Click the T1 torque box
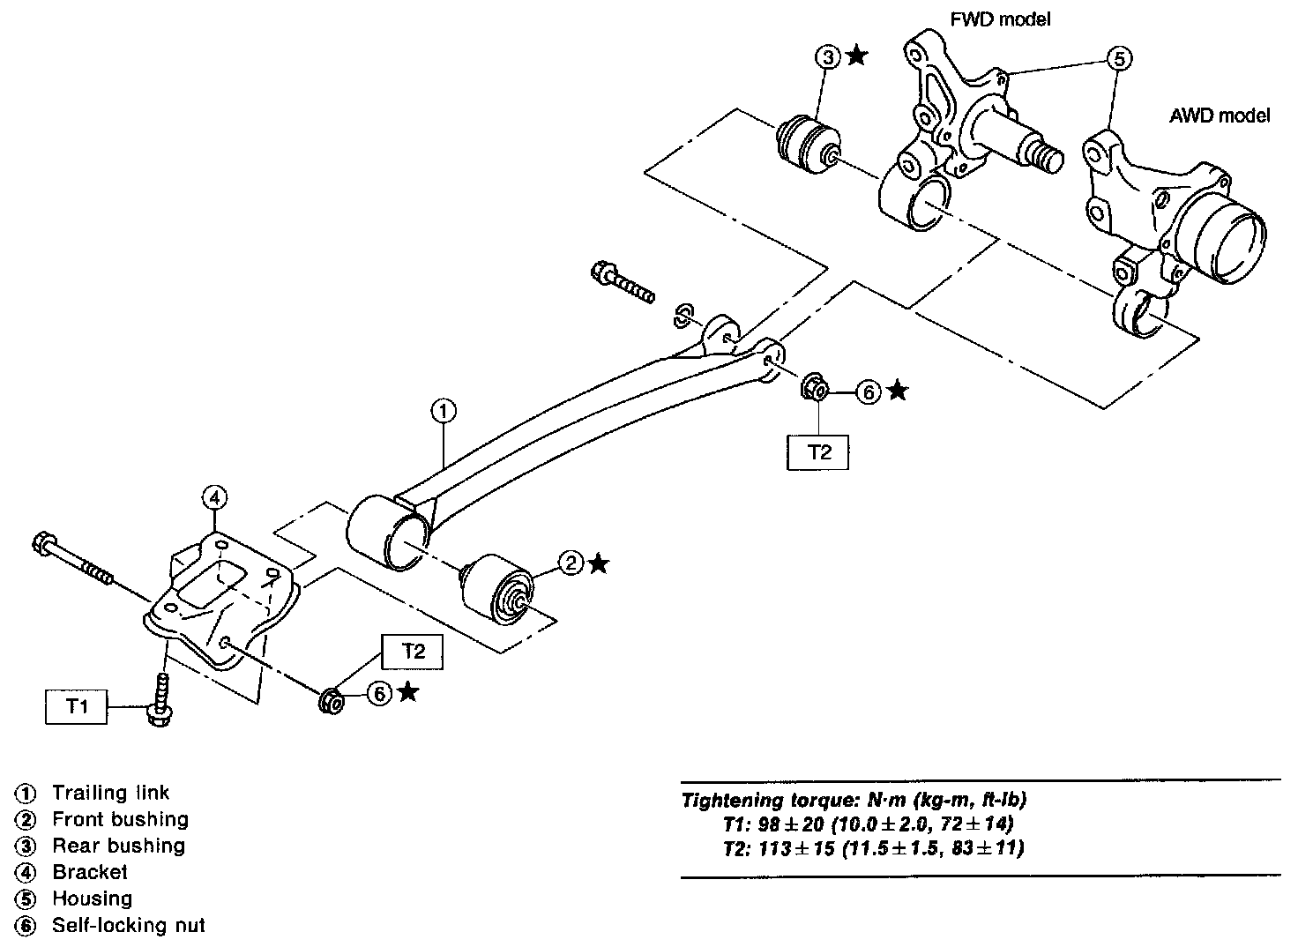click(76, 706)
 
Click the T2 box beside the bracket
click(412, 652)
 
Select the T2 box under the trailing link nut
click(817, 452)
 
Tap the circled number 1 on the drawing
click(444, 412)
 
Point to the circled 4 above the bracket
click(215, 498)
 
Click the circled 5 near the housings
click(1119, 58)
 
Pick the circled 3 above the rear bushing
click(828, 57)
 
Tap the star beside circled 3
click(857, 56)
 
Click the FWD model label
click(1000, 19)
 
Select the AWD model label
click(1220, 116)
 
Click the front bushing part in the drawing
click(498, 589)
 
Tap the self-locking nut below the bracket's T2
click(332, 701)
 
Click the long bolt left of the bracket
click(74, 560)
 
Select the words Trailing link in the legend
click(111, 793)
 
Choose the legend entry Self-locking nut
click(129, 925)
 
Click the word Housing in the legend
click(92, 899)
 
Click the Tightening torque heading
click(854, 801)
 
